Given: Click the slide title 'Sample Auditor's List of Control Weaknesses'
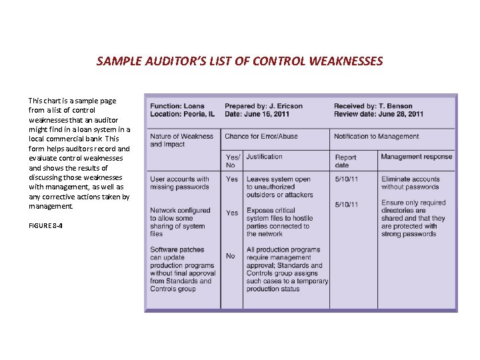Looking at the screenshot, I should (239, 61).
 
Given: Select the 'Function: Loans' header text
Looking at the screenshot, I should (177, 106).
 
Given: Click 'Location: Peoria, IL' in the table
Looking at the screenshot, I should (182, 114).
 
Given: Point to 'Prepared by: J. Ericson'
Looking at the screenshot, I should (263, 106).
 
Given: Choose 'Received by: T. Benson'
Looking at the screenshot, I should (373, 106).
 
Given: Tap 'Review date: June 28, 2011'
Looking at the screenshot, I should (378, 114).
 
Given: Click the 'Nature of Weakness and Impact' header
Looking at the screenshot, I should (181, 140).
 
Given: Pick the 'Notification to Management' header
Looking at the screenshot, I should (376, 136).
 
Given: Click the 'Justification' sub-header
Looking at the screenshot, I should (264, 157).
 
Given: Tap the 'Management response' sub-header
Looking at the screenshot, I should (416, 157).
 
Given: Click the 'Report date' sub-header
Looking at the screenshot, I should (345, 161).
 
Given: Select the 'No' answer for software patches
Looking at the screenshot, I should (230, 256).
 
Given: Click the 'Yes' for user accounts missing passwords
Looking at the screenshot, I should (231, 179).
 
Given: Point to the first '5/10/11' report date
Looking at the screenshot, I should (346, 179).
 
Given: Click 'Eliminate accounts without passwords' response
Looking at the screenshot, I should (410, 183).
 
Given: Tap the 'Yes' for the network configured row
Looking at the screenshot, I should (231, 213).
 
